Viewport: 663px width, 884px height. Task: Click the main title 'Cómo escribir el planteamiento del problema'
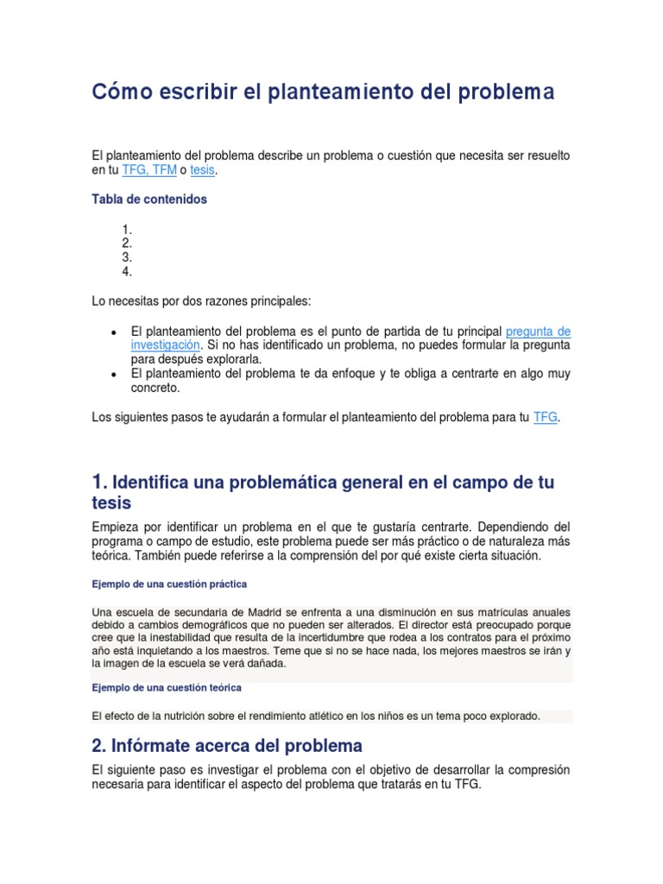(x=323, y=92)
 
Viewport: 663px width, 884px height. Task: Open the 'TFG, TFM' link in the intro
(x=149, y=171)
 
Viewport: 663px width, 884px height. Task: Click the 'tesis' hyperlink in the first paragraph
(x=202, y=171)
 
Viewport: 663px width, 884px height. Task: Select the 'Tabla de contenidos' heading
(x=149, y=199)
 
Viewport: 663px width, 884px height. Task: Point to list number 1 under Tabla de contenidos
(x=127, y=230)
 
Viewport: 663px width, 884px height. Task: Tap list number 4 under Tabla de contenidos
(x=127, y=271)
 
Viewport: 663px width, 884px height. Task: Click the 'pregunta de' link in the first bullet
(x=538, y=331)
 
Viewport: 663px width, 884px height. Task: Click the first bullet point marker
(x=114, y=332)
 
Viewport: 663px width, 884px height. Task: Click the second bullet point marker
(x=114, y=375)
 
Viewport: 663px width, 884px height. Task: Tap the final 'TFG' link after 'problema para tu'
(x=546, y=417)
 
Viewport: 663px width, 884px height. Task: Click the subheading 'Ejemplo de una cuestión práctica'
(x=169, y=584)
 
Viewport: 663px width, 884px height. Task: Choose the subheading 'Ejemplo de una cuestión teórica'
(x=167, y=688)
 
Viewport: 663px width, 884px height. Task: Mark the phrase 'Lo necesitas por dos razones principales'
(x=200, y=301)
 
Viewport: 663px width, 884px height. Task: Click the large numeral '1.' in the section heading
(x=100, y=482)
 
